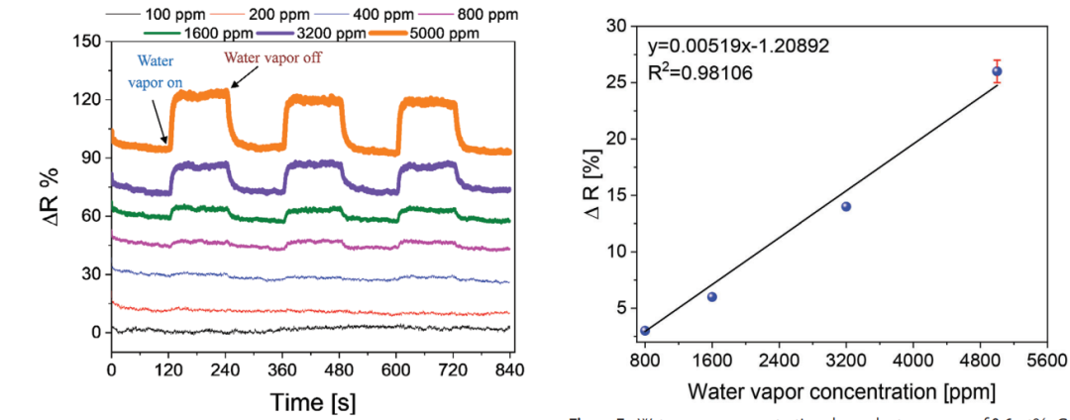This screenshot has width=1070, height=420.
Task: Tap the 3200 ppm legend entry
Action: (327, 33)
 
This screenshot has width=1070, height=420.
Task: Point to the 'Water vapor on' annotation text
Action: (154, 71)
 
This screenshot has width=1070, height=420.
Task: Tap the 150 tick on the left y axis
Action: (88, 42)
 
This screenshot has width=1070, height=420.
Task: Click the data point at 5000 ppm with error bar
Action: (997, 70)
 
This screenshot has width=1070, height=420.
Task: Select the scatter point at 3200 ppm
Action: (846, 206)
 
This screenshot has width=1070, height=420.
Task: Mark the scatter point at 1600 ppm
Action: (711, 296)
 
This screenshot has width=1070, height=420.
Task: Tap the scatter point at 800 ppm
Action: (645, 331)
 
